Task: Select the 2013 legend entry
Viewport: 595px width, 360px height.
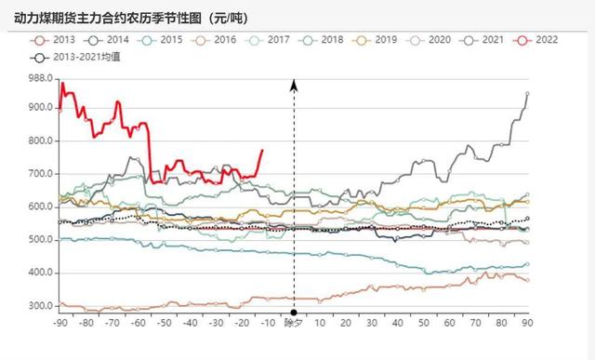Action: pyautogui.click(x=56, y=40)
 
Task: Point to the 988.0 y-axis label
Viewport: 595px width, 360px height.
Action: pyautogui.click(x=38, y=78)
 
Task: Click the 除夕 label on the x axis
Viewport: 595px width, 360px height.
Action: pyautogui.click(x=294, y=323)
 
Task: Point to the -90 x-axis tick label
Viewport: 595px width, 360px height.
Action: pyautogui.click(x=60, y=323)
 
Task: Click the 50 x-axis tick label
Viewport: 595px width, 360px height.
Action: pyautogui.click(x=424, y=323)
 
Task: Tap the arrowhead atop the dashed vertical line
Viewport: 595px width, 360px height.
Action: pyautogui.click(x=294, y=86)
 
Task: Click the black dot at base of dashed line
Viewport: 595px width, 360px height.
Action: pyautogui.click(x=294, y=312)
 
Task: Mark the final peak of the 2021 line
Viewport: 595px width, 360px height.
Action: pyautogui.click(x=527, y=93)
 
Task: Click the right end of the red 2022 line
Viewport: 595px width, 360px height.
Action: pyautogui.click(x=261, y=150)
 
